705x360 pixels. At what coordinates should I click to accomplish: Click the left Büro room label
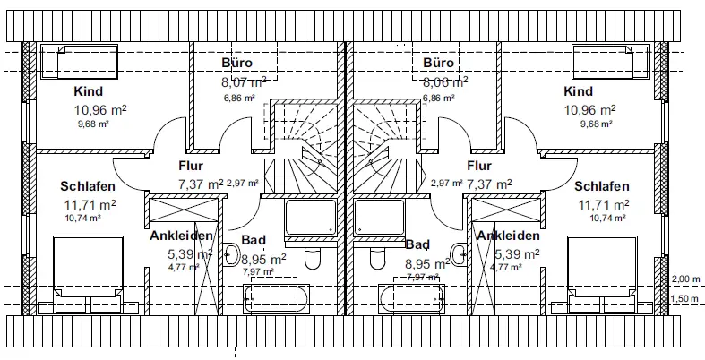tap(237, 64)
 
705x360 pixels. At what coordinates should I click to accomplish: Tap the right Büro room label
tap(439, 64)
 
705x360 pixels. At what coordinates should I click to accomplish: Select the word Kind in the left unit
tap(89, 91)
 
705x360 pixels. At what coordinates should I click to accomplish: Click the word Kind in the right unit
tap(579, 91)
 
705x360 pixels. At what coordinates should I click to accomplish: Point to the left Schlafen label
tap(87, 187)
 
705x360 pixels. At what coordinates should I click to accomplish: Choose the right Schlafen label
tap(602, 187)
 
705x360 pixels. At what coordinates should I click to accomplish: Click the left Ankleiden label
tap(181, 236)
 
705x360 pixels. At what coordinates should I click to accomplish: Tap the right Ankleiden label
tap(508, 236)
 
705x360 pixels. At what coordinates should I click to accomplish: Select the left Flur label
tap(191, 166)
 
